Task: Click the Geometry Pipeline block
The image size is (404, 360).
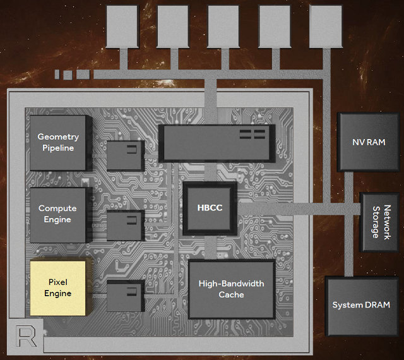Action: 58,143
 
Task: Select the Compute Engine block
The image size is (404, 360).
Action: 58,214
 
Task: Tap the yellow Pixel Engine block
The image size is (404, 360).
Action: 57,287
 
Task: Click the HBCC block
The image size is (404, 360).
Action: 210,207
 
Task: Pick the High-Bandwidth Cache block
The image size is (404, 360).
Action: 232,289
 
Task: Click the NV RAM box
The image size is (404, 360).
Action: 368,142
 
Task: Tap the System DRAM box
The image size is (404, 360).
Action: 361,305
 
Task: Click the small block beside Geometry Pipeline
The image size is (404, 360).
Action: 125,155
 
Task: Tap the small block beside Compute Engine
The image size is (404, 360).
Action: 125,224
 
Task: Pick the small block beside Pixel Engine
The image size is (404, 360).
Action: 125,295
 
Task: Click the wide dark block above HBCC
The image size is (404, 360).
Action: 217,142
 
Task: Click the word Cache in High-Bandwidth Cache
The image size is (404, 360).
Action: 232,295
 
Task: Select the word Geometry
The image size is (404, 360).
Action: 58,136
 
